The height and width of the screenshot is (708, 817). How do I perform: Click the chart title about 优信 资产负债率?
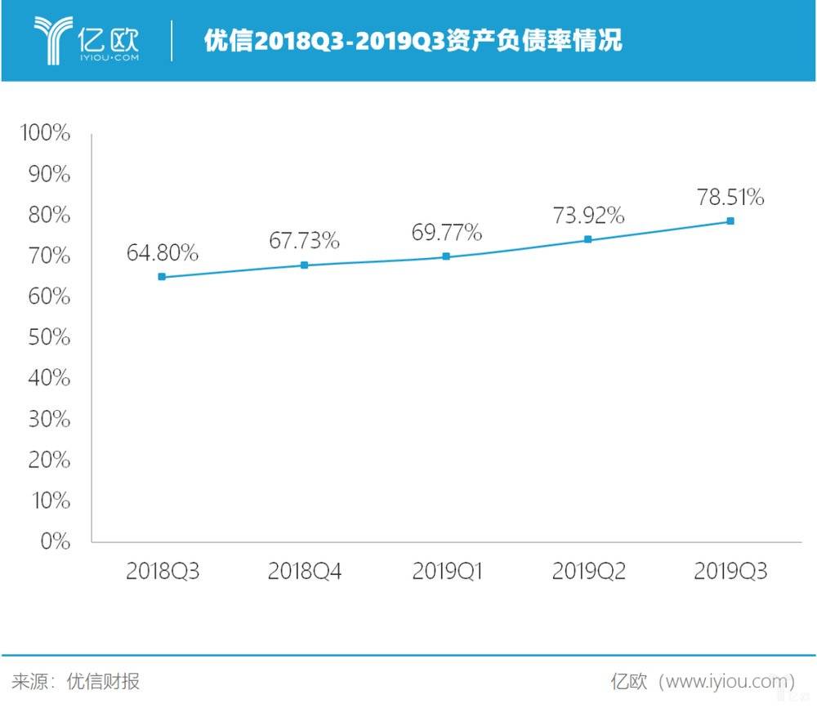coord(413,41)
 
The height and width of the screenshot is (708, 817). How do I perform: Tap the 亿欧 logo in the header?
coord(86,38)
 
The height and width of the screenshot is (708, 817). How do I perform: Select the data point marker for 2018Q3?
coord(162,277)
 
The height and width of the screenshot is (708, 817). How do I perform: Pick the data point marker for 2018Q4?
coord(304,265)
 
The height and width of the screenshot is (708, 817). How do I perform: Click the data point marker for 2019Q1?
coord(446,256)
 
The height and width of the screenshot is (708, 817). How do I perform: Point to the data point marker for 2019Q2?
coord(588,239)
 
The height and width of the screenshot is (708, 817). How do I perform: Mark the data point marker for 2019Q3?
coord(730,220)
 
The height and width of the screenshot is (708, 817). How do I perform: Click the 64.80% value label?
coord(162,253)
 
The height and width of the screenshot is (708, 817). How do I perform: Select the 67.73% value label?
coord(304,241)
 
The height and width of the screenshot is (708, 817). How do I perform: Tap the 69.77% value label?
coord(446,233)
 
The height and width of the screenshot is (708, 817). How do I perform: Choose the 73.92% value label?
coord(588,216)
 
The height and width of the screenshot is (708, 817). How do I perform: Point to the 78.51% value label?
coord(730,197)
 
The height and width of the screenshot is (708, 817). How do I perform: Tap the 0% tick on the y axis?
coord(55,541)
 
